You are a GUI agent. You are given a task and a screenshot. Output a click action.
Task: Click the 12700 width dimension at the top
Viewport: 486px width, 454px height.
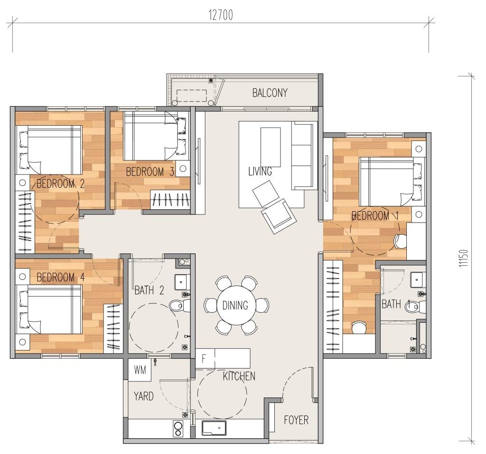click(x=221, y=15)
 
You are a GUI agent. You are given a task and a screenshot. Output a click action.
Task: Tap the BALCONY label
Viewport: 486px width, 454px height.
click(x=270, y=93)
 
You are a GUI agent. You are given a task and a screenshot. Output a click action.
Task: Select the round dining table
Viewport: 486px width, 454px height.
click(x=235, y=305)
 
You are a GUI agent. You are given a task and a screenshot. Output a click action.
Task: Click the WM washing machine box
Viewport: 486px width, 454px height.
click(x=140, y=370)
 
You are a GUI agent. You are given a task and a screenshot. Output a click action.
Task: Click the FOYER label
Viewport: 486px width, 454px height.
click(x=296, y=420)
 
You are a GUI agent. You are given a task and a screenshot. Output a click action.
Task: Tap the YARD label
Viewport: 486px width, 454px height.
click(x=143, y=396)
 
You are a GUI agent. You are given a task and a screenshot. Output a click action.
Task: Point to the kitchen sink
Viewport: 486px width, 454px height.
click(x=214, y=428)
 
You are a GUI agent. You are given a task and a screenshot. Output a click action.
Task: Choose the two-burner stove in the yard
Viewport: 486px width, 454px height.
click(x=178, y=429)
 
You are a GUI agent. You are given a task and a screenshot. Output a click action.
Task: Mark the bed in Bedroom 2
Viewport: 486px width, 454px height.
click(x=50, y=150)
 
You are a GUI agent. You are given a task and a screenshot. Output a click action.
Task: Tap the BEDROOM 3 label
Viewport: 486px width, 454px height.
click(x=150, y=172)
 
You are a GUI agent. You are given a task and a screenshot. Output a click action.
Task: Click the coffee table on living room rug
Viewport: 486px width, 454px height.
click(x=271, y=147)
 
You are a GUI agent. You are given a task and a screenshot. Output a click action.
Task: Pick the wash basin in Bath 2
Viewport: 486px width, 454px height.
click(x=182, y=282)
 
